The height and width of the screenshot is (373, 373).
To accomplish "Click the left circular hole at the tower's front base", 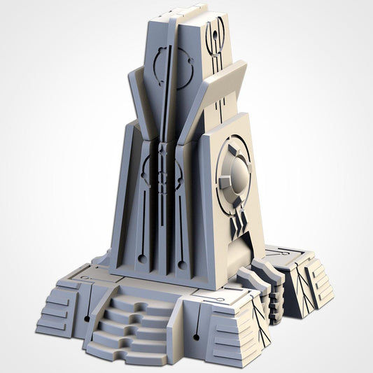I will [x=143, y=258].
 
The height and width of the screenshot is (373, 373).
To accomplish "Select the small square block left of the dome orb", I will [x=225, y=183].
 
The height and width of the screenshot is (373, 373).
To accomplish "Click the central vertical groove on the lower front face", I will [x=162, y=217].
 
